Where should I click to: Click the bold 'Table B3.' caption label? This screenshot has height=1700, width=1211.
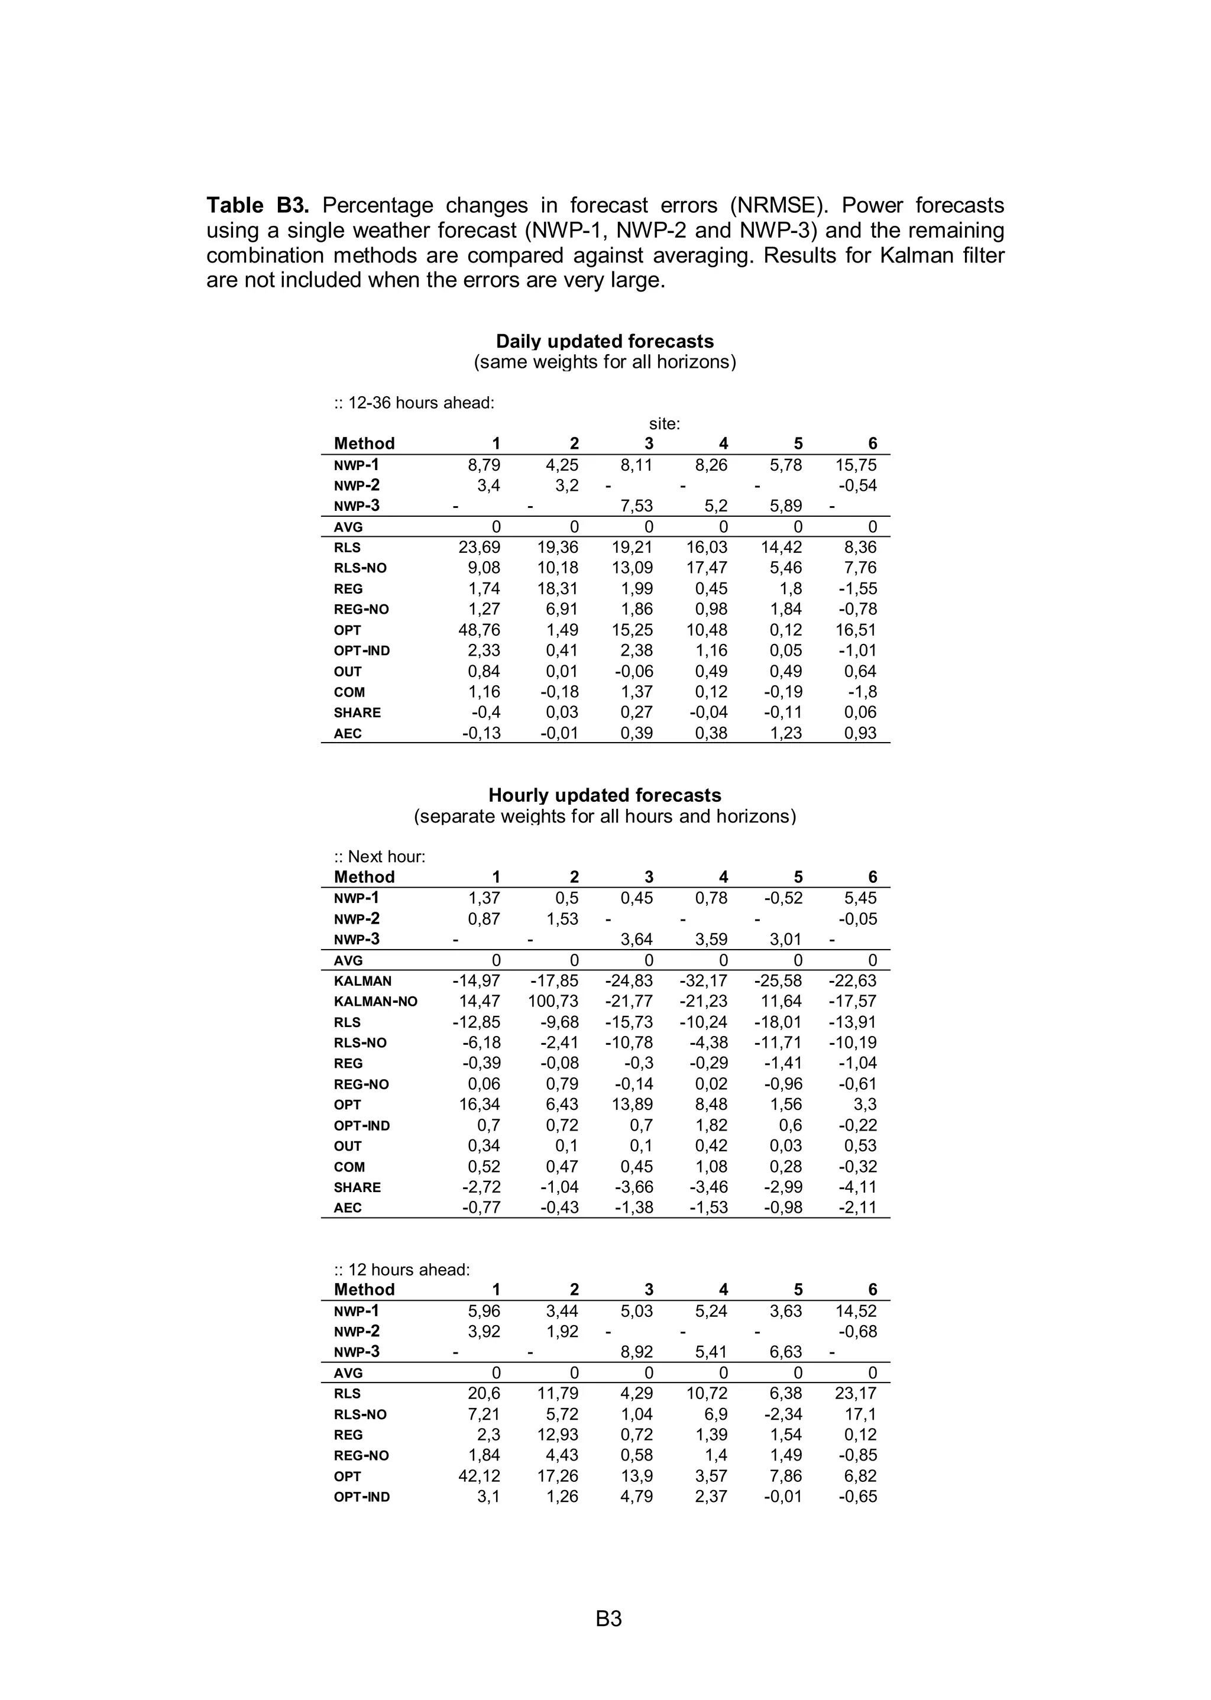pos(257,205)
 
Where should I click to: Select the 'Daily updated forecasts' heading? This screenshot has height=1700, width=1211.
pos(605,342)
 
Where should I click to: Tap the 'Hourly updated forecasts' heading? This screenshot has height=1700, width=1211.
pos(605,795)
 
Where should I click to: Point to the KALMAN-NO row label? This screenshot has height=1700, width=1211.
pos(375,1001)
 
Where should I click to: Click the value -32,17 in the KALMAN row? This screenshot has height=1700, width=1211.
pos(703,981)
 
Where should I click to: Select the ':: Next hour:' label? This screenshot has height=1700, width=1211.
pos(380,857)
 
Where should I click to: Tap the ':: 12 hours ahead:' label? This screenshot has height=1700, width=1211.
pos(402,1270)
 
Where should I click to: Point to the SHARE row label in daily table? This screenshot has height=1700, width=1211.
pos(357,713)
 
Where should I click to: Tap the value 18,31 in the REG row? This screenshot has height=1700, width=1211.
pos(557,589)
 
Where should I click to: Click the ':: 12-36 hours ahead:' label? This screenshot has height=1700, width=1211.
pos(414,403)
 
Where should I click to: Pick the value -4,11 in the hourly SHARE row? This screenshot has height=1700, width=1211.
pos(857,1187)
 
